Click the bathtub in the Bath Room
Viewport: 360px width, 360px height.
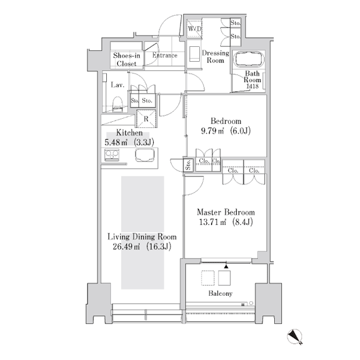click(x=249, y=59)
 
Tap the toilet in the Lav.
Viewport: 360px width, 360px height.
click(x=118, y=104)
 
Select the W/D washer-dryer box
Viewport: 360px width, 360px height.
click(x=194, y=29)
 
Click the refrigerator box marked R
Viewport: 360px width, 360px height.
click(x=146, y=119)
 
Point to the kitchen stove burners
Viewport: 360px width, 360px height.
click(x=112, y=155)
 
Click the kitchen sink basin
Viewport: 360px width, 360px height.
click(x=145, y=155)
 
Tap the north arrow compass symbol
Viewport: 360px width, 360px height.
click(x=295, y=337)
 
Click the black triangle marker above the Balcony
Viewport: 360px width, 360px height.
click(x=226, y=266)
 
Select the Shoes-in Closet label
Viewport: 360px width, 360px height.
click(x=127, y=59)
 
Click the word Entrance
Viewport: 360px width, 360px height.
click(x=165, y=55)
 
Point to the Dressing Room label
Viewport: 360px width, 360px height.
click(x=215, y=57)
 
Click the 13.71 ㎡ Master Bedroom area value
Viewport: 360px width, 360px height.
click(x=212, y=222)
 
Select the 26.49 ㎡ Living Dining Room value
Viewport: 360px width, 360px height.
click(x=126, y=247)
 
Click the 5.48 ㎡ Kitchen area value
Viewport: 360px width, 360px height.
click(x=116, y=142)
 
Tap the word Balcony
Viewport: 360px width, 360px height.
click(x=220, y=293)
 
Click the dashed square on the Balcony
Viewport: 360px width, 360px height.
click(x=208, y=278)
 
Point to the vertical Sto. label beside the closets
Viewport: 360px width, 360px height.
click(x=188, y=164)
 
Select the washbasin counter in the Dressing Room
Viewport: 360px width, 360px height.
click(x=194, y=54)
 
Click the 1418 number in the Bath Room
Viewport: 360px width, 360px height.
click(x=253, y=86)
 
